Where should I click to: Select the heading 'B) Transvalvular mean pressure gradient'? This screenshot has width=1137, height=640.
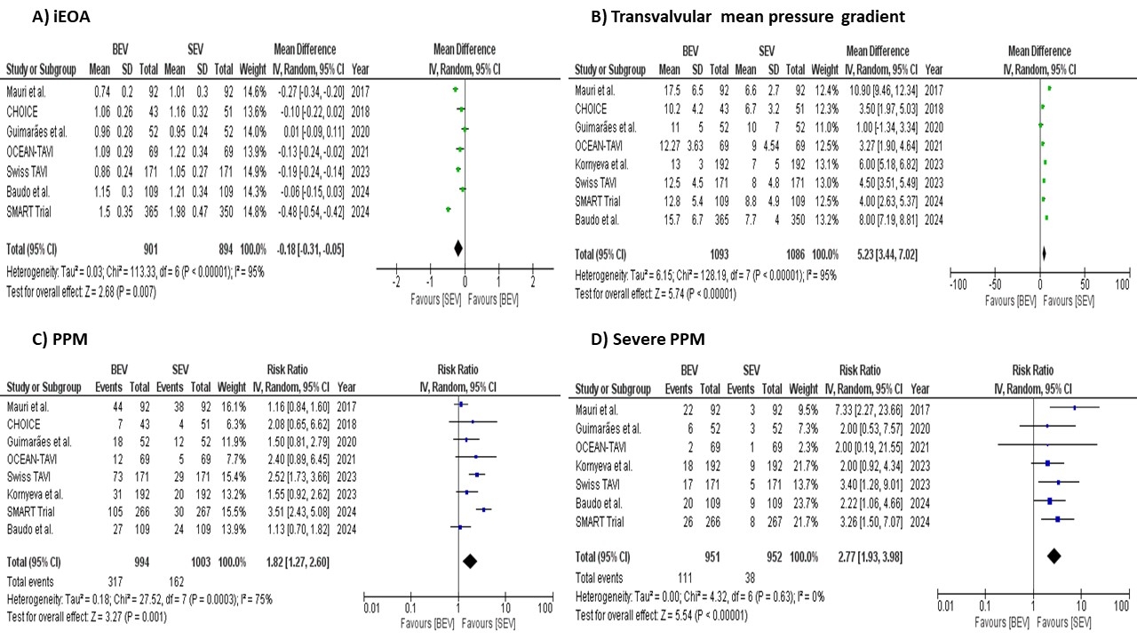pos(730,15)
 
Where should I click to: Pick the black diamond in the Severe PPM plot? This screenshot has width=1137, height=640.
pos(1054,556)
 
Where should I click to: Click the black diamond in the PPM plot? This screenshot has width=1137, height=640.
pos(470,560)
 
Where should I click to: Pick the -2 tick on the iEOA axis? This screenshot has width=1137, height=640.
pos(396,282)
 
